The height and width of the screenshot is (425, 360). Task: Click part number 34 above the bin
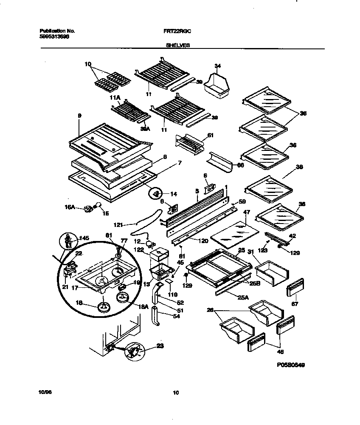pos(218,66)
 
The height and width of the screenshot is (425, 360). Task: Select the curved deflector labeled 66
pos(219,162)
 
